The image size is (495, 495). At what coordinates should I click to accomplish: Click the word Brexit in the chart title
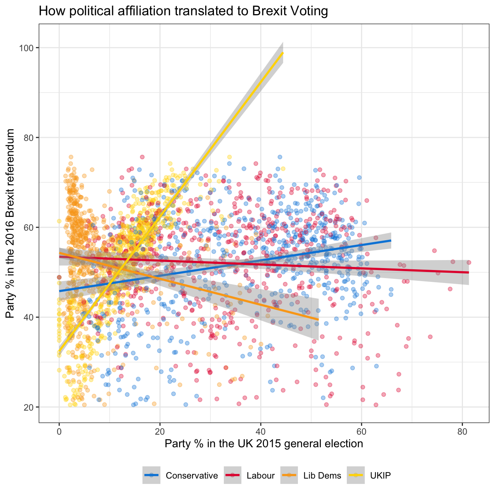[267, 11]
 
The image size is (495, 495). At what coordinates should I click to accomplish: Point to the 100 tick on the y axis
[26, 48]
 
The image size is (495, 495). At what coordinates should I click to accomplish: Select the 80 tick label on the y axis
[29, 137]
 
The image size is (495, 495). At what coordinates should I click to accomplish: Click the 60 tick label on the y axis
[29, 227]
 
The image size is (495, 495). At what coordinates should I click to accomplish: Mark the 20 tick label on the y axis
[29, 407]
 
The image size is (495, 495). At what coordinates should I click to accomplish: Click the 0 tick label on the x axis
[59, 432]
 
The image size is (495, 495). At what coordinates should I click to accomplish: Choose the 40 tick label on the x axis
[260, 432]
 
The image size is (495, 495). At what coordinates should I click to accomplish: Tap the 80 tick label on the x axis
[462, 432]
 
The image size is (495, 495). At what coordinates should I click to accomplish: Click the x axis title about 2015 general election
[264, 443]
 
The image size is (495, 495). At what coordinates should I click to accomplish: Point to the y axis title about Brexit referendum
[10, 223]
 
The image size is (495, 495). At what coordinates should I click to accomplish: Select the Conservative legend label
[192, 476]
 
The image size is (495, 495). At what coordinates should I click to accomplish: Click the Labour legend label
[260, 476]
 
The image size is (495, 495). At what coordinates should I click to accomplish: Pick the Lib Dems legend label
[322, 476]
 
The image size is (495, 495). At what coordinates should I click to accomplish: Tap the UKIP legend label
[380, 476]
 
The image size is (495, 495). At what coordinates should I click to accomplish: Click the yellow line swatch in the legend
[356, 476]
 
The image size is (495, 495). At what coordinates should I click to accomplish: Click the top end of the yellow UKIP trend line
[283, 53]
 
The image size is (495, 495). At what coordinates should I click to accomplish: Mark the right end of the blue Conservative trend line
[391, 241]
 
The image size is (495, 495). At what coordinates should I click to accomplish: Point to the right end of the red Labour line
[469, 272]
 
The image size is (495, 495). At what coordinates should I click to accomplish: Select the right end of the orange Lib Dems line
[319, 319]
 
